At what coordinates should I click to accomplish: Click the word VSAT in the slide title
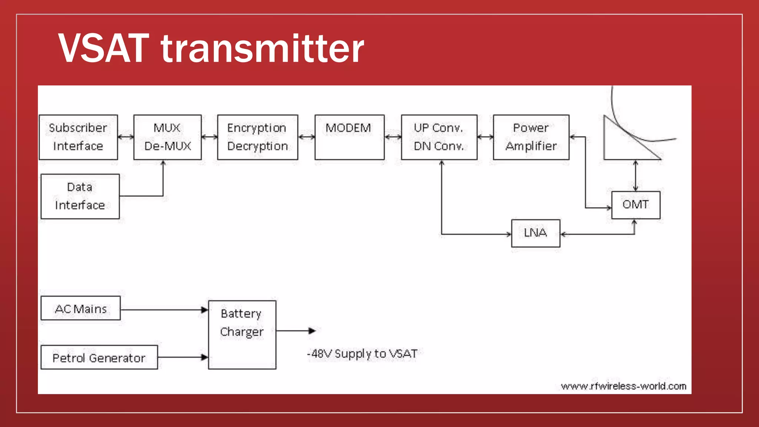click(x=104, y=48)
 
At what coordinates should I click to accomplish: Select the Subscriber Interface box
click(x=78, y=137)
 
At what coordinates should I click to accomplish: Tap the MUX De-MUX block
click(x=168, y=137)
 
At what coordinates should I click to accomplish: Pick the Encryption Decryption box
click(x=258, y=137)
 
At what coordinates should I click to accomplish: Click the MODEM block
click(x=349, y=137)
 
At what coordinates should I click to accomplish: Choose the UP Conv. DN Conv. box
click(x=439, y=137)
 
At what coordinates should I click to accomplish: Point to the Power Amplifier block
click(x=531, y=137)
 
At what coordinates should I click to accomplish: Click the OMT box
click(x=636, y=205)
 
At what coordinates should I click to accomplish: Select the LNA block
click(x=536, y=233)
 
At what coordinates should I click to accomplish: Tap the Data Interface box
click(x=80, y=196)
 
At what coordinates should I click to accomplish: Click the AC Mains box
click(x=80, y=308)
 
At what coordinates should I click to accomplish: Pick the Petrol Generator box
click(x=99, y=357)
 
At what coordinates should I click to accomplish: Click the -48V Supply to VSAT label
click(x=362, y=354)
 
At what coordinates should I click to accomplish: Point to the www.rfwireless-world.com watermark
click(x=623, y=386)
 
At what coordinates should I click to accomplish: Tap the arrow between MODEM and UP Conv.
click(x=393, y=137)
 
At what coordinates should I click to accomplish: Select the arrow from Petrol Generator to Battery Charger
click(x=183, y=357)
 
